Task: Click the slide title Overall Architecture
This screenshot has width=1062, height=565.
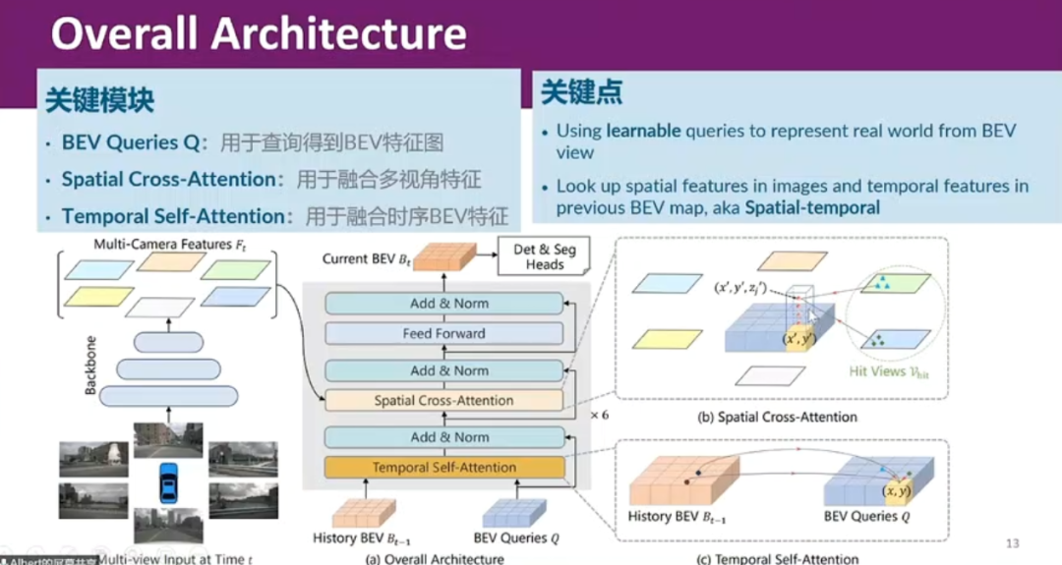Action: [x=258, y=33]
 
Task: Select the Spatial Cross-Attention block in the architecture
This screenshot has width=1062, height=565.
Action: [x=443, y=400]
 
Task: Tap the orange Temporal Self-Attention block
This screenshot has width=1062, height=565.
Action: [x=443, y=467]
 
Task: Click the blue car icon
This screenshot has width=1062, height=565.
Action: [x=168, y=482]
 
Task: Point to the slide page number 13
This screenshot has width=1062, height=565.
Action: [x=1013, y=543]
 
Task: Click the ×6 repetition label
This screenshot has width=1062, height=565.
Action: [x=600, y=416]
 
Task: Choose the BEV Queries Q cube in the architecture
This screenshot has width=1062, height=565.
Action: [x=514, y=511]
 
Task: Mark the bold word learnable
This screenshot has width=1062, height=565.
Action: [x=643, y=130]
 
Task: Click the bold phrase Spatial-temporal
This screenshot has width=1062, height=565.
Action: [x=811, y=207]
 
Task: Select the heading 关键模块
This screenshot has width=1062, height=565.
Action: [x=99, y=99]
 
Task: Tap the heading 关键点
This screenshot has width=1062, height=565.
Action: [x=581, y=93]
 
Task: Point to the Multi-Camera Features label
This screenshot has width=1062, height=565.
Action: [x=163, y=242]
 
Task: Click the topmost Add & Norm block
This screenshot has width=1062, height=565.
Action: [x=447, y=304]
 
